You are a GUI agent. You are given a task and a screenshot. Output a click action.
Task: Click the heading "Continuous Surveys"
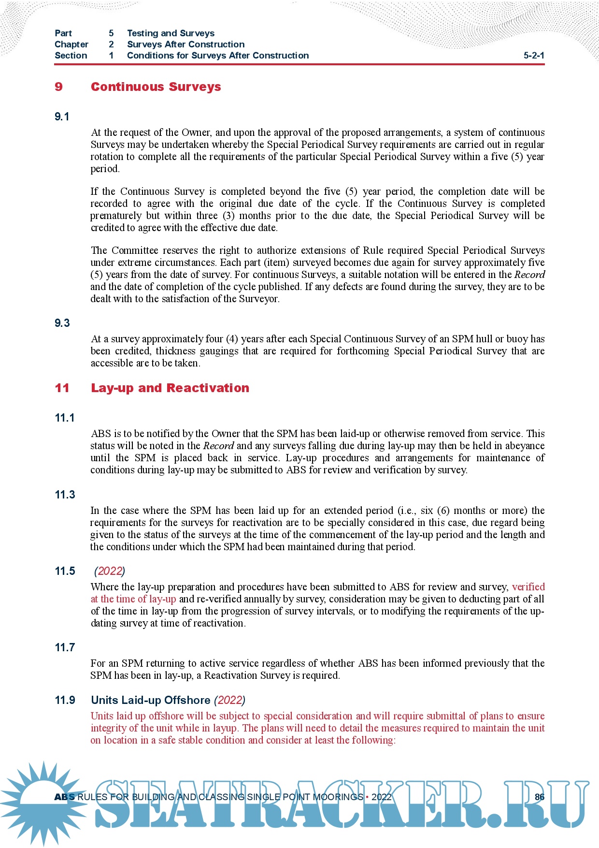coord(156,87)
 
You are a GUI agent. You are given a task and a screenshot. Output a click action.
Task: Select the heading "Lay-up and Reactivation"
coord(170,388)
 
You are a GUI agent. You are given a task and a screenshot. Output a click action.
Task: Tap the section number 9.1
coord(62,117)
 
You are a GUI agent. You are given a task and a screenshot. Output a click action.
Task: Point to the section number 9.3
coord(62,323)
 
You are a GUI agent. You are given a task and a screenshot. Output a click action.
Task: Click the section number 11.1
coord(65,418)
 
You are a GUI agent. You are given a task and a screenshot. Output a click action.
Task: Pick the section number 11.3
coord(65,495)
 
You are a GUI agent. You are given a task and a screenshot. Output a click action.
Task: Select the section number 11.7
coord(65,647)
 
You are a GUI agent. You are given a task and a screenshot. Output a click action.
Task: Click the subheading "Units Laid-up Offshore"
coord(150,700)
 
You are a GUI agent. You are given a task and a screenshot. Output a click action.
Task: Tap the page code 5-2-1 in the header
coord(534,56)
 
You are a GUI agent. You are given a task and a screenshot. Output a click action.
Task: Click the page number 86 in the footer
coord(540,797)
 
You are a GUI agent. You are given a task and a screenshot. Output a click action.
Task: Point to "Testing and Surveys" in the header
coord(171,33)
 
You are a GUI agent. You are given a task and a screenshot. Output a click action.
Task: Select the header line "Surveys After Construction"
coord(185,44)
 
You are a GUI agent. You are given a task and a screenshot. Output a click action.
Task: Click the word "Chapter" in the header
coord(71,44)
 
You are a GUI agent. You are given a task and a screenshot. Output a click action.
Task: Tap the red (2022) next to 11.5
coord(110,571)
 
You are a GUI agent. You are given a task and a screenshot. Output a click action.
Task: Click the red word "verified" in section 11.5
coord(528,587)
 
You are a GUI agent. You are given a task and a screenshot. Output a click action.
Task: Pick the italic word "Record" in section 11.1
coord(218,446)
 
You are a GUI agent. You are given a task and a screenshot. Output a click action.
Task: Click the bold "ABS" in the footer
coord(64,797)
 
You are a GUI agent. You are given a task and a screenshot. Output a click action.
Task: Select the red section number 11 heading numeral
coord(62,388)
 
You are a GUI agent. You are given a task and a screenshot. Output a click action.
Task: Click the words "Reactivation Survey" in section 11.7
coord(245,675)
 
